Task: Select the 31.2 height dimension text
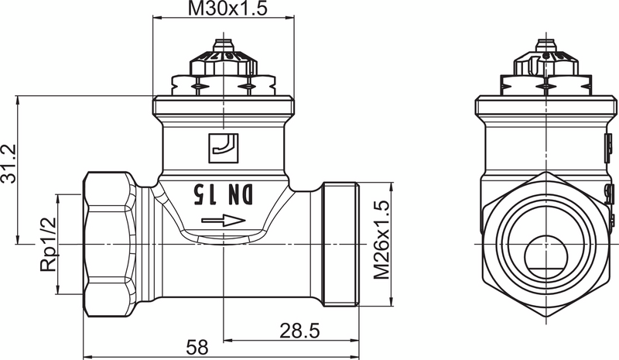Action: point(10,164)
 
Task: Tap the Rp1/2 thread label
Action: point(48,244)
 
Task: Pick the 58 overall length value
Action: point(198,348)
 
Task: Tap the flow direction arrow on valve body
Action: point(224,222)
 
